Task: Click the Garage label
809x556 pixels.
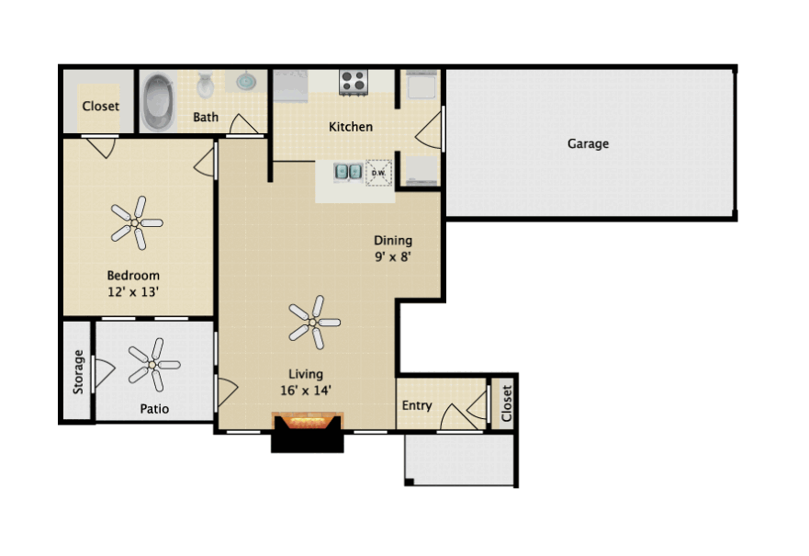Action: coord(588,143)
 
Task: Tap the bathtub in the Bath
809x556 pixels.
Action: coord(158,102)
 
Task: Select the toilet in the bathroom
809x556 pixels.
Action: coord(206,85)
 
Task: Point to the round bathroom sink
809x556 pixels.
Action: coord(246,82)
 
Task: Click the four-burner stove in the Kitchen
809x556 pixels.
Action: coord(354,82)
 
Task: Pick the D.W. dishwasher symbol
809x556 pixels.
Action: coord(378,173)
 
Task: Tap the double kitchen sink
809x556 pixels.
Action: coord(348,171)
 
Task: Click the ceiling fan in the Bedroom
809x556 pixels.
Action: coord(136,223)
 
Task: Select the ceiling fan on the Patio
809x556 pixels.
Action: coord(153,365)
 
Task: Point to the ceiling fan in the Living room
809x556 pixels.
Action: coord(314,323)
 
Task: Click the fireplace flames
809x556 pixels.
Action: coord(308,423)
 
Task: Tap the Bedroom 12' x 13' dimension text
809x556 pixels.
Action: coord(133,291)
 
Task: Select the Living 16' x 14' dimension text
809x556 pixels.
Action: coord(306,391)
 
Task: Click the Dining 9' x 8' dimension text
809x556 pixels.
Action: coord(393,256)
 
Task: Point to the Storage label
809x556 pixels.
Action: coord(78,371)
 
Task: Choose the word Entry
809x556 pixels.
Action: coord(417,405)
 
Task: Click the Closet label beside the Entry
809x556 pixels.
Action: coord(506,403)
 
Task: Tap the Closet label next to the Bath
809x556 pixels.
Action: coord(101,106)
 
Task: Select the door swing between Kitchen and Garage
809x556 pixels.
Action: coord(428,129)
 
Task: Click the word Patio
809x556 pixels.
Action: coord(154,409)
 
